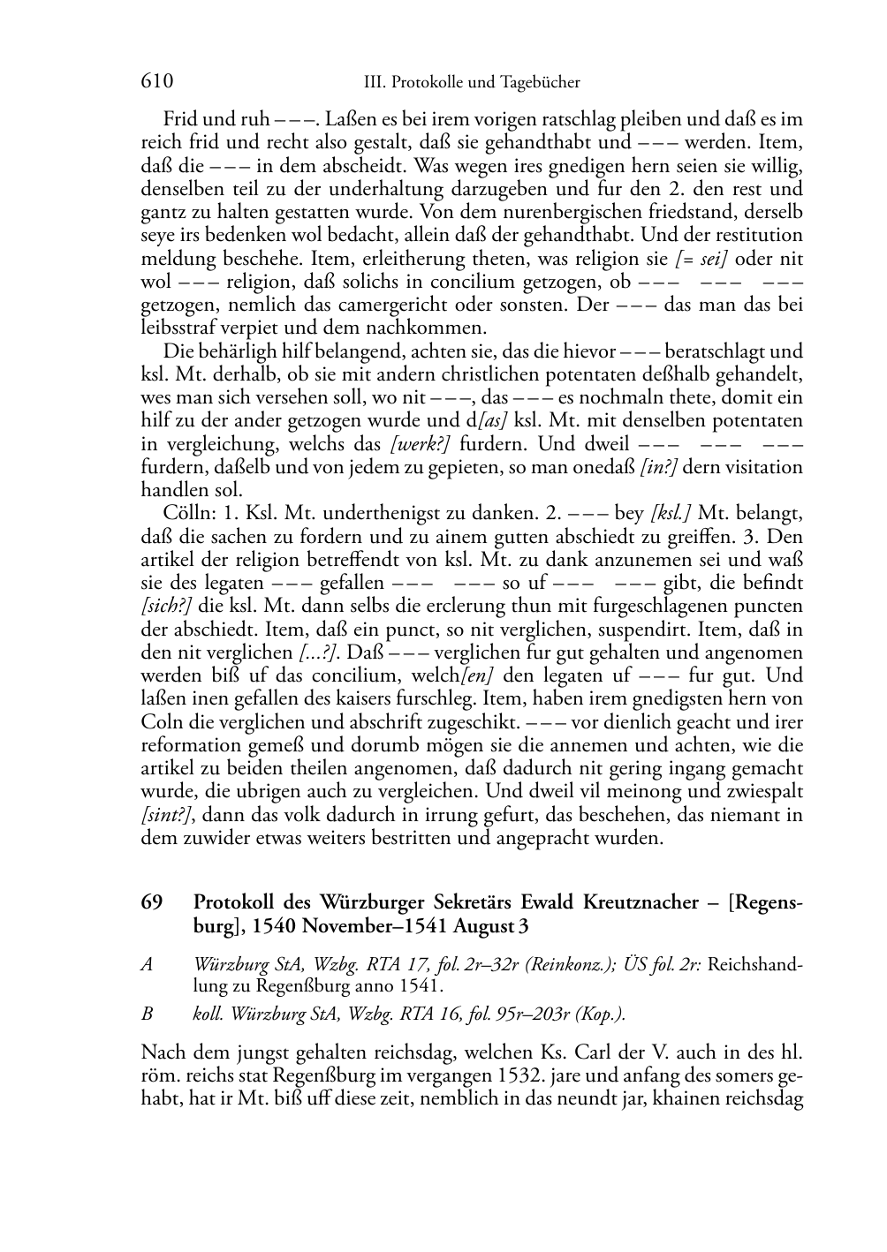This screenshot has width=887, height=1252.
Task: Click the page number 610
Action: [x=156, y=81]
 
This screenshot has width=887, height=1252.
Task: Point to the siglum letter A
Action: [x=147, y=963]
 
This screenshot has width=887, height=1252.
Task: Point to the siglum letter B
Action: [x=147, y=1014]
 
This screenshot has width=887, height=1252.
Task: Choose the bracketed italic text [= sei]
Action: [x=701, y=259]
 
